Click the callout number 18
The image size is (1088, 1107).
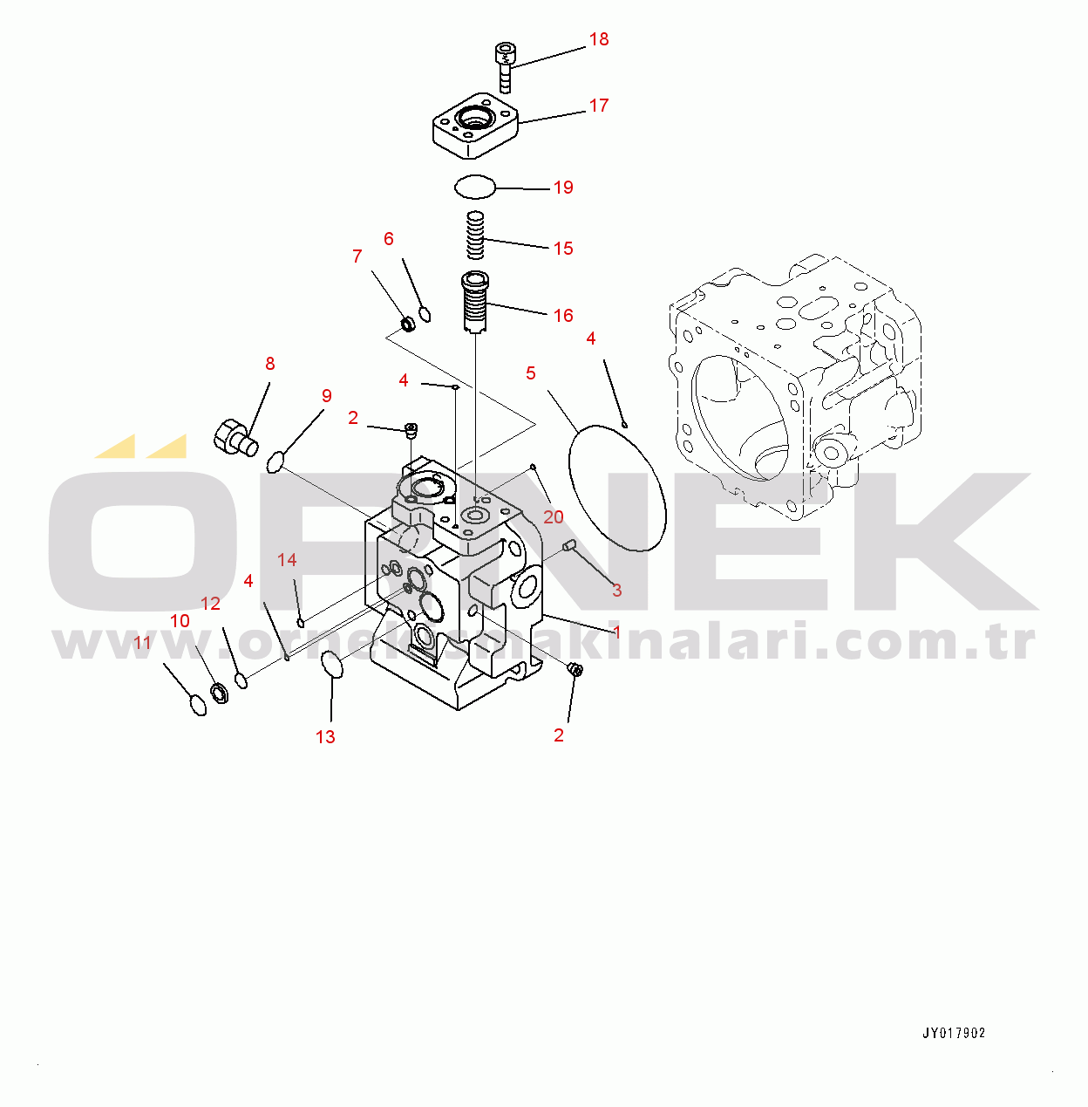point(599,39)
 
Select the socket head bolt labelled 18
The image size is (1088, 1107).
point(504,67)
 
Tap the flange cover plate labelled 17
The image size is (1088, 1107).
point(475,126)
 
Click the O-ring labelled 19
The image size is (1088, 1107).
point(475,188)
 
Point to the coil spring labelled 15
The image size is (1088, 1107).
point(474,235)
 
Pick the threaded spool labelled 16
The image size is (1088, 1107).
point(475,302)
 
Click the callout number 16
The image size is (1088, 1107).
point(563,315)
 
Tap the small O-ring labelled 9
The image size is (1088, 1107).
point(275,461)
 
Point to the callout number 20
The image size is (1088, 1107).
point(553,517)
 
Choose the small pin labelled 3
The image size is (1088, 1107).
point(569,545)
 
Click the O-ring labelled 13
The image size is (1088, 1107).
point(332,666)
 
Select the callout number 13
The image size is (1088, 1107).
point(325,737)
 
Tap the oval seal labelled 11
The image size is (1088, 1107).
point(198,705)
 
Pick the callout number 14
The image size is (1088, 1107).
point(287,559)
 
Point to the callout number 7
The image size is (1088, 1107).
point(357,256)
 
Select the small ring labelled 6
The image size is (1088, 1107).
point(425,314)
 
